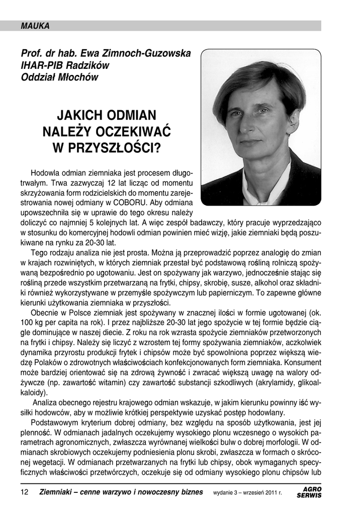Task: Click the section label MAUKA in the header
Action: [x=35, y=26]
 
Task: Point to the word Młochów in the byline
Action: [x=77, y=77]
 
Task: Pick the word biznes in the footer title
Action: [x=190, y=492]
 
